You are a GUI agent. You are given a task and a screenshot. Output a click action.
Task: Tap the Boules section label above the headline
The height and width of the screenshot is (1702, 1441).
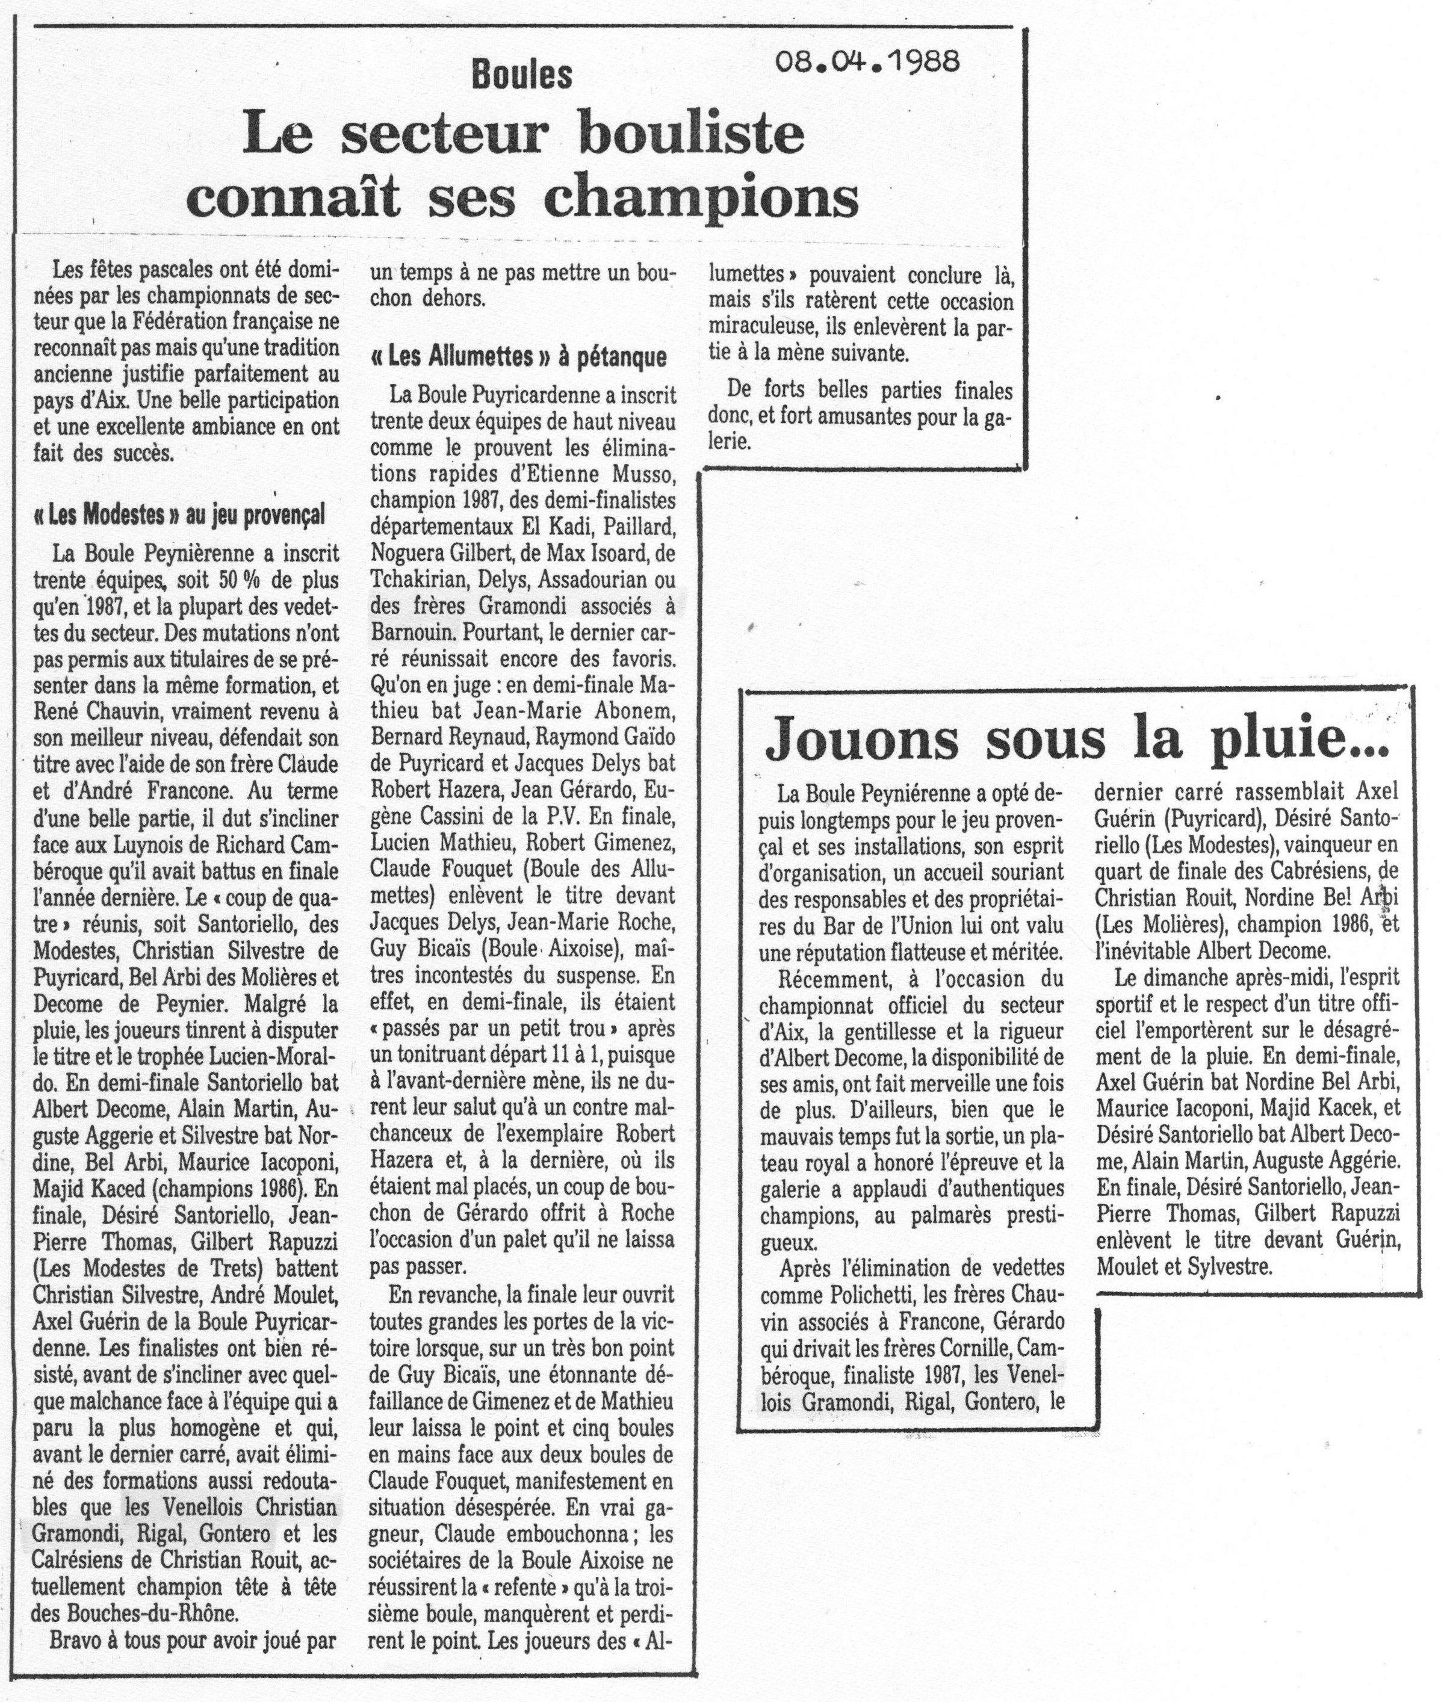point(522,76)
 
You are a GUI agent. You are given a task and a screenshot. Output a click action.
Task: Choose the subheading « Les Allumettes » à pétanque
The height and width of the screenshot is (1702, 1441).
point(518,356)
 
